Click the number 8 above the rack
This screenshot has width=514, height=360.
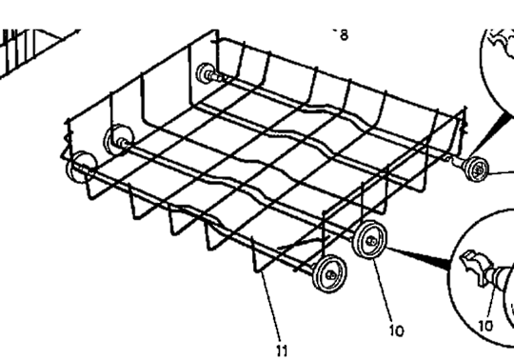[343, 35]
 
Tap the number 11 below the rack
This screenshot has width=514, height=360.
[282, 350]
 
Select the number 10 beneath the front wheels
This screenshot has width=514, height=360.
[396, 330]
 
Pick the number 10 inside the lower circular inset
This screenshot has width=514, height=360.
[485, 325]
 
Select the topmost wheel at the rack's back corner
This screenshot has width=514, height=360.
[205, 73]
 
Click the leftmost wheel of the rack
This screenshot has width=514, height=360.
[75, 169]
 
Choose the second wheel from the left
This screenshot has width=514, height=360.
[119, 138]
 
